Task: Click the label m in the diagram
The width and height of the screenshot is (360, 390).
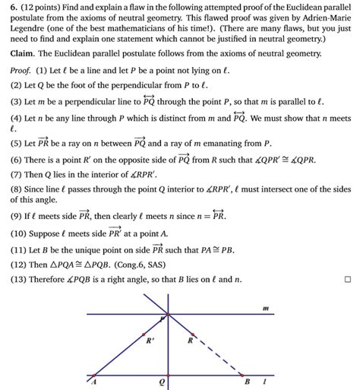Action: pyautogui.click(x=265, y=308)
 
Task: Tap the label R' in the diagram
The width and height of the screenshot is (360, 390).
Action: pyautogui.click(x=150, y=341)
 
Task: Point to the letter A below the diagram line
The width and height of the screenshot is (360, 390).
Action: pyautogui.click(x=94, y=382)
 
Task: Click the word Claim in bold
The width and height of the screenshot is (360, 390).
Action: pyautogui.click(x=26, y=55)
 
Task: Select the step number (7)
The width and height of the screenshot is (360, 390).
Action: pyautogui.click(x=18, y=174)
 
